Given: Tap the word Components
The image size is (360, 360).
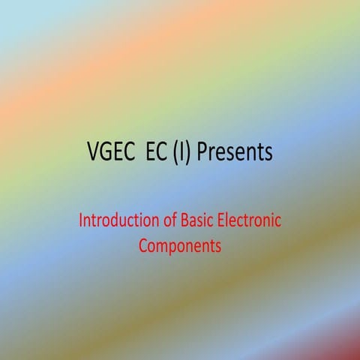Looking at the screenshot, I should (180, 245).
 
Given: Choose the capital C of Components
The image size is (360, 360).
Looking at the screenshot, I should (143, 245).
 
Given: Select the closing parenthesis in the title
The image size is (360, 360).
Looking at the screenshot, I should (190, 153).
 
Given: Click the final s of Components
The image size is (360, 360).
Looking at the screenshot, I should (218, 246).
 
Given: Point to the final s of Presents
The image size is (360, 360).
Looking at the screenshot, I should (267, 153).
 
